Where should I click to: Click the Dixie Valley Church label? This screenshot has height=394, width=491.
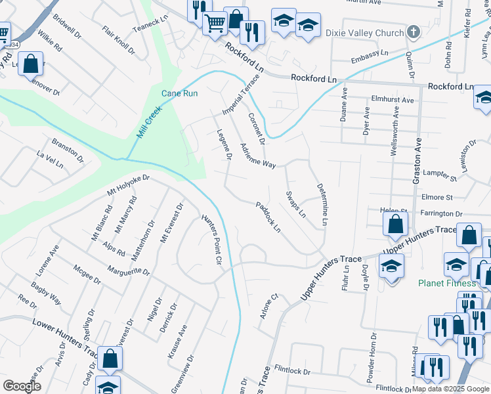(x=370, y=32)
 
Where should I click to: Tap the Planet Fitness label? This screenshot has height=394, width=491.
(x=447, y=283)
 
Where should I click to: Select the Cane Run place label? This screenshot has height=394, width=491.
(x=180, y=93)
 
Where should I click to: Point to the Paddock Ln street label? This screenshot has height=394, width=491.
(x=268, y=217)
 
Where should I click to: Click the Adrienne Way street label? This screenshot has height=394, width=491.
(x=258, y=156)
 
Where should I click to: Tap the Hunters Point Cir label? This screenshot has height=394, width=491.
(x=210, y=239)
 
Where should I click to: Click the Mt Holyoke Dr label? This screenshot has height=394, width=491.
(x=129, y=186)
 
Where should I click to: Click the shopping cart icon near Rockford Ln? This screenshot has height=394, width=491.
(x=215, y=24)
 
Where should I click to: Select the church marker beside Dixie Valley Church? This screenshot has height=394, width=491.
(x=413, y=32)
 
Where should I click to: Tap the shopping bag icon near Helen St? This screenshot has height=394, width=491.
(x=396, y=225)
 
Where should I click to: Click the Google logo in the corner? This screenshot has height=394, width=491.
(x=22, y=386)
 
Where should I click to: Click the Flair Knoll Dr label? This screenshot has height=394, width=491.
(x=119, y=40)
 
